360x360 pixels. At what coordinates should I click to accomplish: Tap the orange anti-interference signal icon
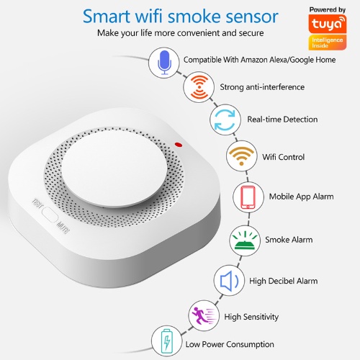(198, 88)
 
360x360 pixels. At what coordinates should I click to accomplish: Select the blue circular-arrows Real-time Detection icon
(225, 120)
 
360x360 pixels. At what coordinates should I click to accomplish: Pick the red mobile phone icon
(248, 196)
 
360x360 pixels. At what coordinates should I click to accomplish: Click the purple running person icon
(201, 315)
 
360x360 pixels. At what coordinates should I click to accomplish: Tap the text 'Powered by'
(330, 9)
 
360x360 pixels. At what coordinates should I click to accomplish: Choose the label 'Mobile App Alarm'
(301, 197)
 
